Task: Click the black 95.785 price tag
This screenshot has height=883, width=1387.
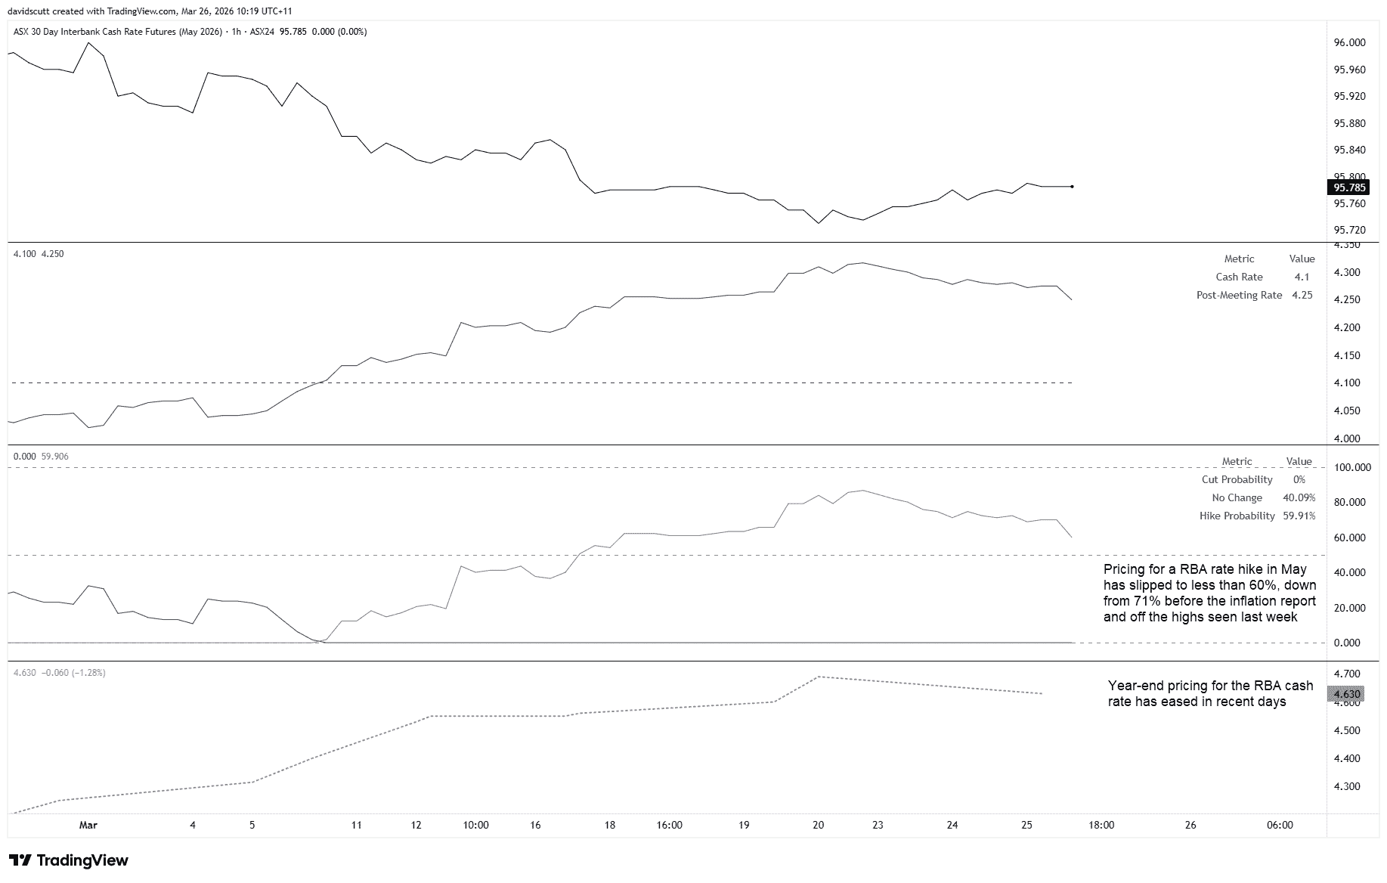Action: coord(1349,187)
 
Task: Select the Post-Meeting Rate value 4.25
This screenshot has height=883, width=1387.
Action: coord(1302,295)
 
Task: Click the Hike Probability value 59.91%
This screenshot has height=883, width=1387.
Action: coord(1299,516)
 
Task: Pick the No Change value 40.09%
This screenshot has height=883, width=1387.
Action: coord(1299,497)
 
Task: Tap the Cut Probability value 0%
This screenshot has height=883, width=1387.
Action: coord(1299,479)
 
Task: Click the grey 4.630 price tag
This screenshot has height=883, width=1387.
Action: coord(1347,694)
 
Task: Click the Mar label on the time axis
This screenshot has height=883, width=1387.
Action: coord(88,825)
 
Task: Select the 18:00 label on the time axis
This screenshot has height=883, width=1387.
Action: coord(1101,825)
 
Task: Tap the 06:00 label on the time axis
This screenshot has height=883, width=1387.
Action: coord(1279,825)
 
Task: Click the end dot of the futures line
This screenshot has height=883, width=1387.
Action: coord(1072,186)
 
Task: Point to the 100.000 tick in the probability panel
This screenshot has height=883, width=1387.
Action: coord(1351,467)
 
